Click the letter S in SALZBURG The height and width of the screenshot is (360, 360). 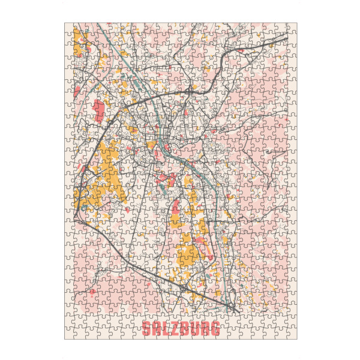[x=146, y=329]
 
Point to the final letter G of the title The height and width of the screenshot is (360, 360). [x=215, y=329]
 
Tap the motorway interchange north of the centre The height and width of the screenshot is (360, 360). [x=190, y=91]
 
